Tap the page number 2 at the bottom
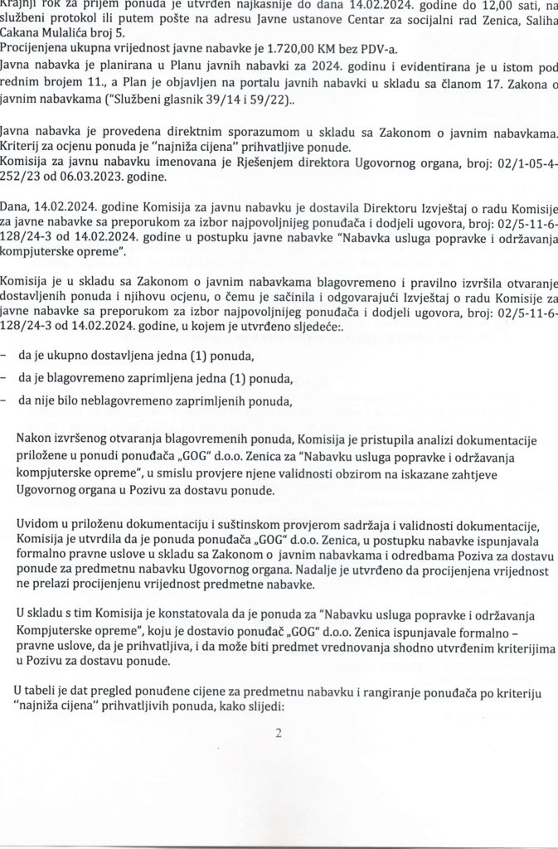click(279, 732)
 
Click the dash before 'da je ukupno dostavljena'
click(6, 357)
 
